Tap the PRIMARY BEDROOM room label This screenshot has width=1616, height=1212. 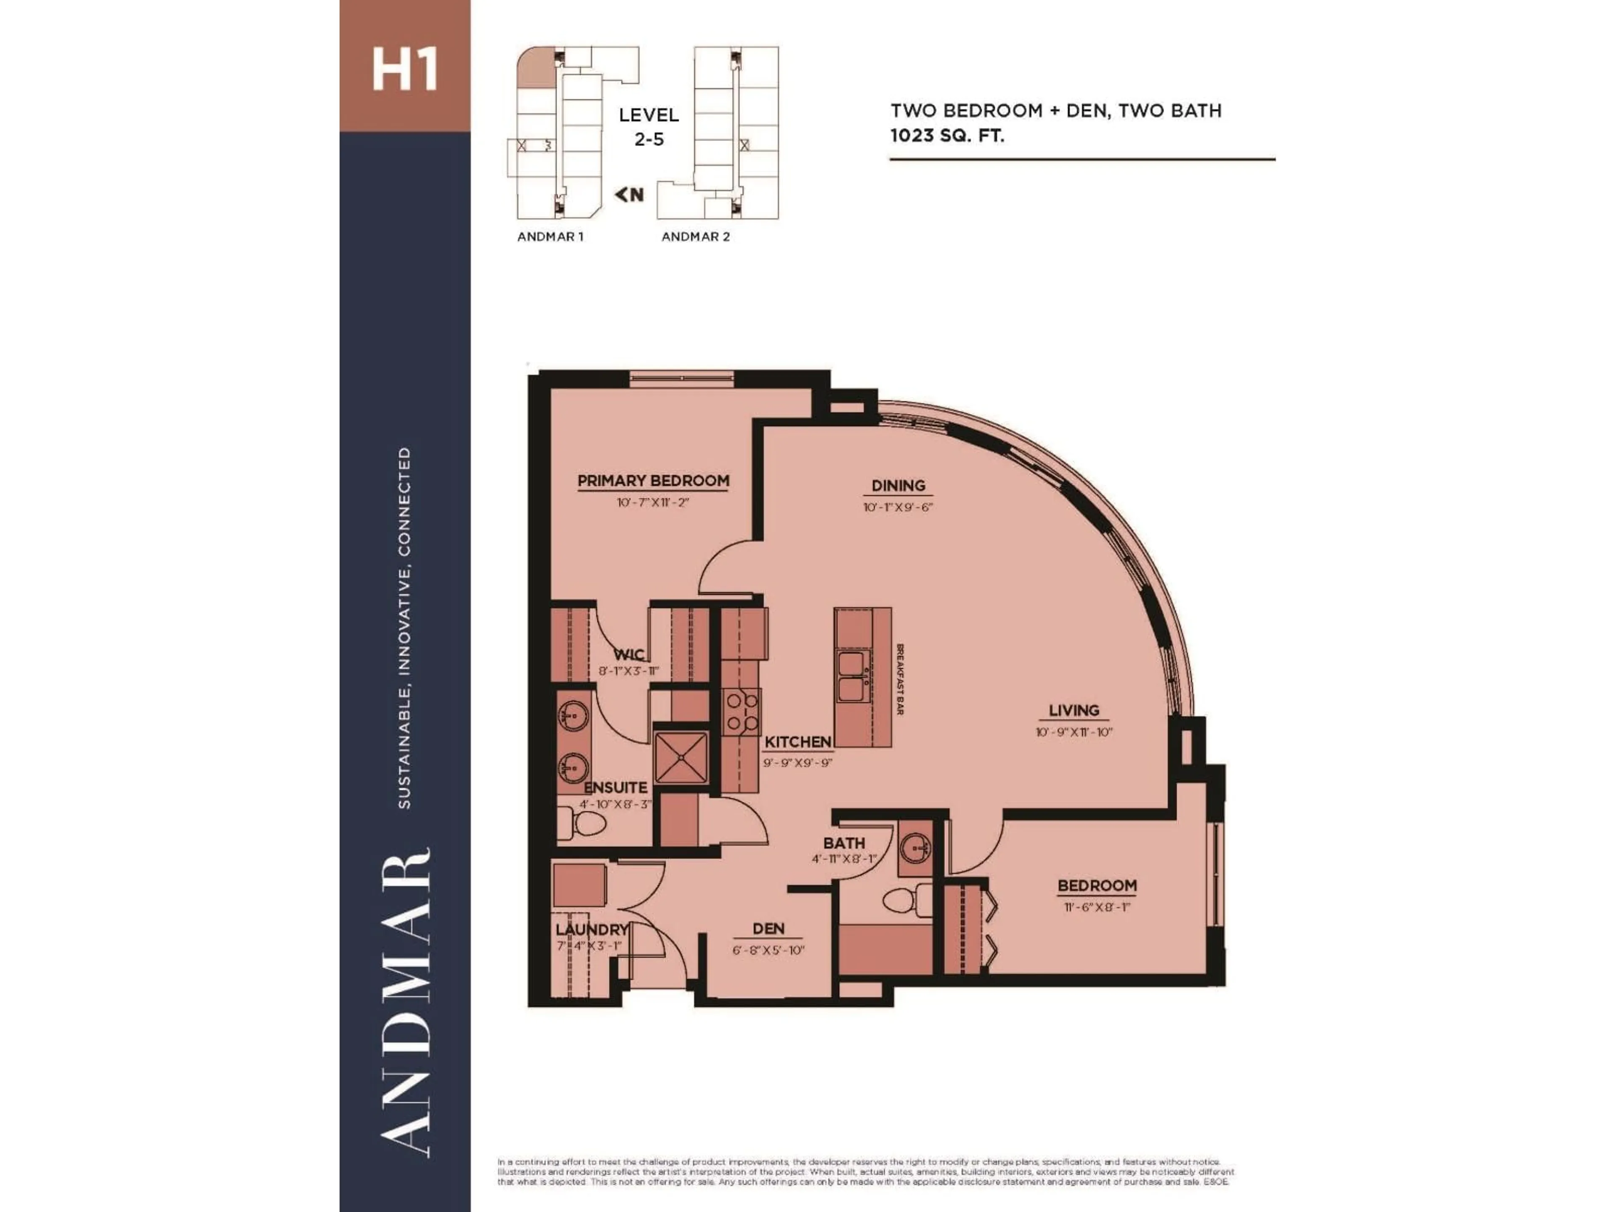coord(653,481)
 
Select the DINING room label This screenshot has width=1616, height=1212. coord(898,485)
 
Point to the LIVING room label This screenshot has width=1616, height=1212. coord(1073,710)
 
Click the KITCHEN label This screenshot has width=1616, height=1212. coord(798,742)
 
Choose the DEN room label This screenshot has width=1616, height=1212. coord(768,928)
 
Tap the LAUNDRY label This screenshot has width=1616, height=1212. coord(592,930)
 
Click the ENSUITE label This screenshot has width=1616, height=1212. coord(616,787)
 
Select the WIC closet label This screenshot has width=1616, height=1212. coord(628,654)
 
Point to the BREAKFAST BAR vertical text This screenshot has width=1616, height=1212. coord(900,679)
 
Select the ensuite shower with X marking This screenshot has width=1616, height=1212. coord(680,759)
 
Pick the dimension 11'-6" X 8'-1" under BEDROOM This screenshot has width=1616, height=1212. coord(1097,907)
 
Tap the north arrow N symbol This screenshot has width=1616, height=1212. coord(629,194)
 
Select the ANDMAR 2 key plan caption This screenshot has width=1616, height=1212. coord(696,237)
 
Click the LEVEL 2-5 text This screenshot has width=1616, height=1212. coord(649,126)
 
